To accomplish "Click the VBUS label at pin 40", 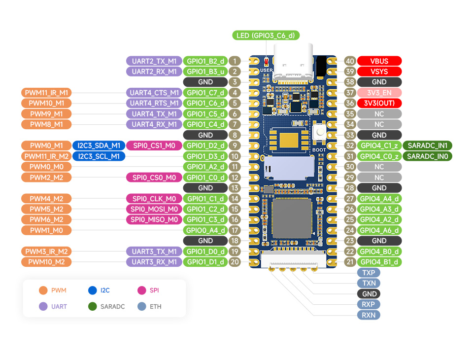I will [379, 61].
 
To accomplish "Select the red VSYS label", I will [379, 72].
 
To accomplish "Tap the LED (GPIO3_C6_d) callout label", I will [266, 36].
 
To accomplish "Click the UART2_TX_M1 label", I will [154, 61].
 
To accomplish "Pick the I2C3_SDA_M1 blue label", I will [99, 145].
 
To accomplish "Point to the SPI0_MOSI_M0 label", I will [154, 209].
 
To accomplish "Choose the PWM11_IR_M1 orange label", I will [47, 93].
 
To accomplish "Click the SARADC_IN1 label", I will [427, 145].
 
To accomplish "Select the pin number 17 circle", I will [235, 230].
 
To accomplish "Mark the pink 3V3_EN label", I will [379, 93].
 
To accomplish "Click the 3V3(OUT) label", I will [379, 103].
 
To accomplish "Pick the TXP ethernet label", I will [369, 273].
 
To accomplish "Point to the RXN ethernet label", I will [369, 315].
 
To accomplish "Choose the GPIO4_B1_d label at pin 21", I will [379, 262].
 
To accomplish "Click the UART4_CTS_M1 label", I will [154, 93].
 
